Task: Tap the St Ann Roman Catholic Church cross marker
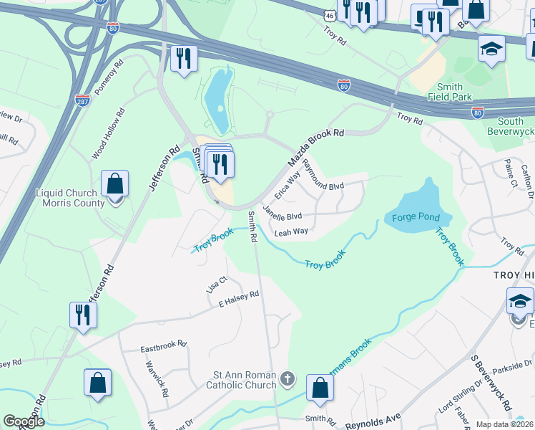coord(287,378)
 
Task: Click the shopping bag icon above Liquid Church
coord(114,185)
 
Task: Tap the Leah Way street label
coord(291,231)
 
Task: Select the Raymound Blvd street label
coord(323,175)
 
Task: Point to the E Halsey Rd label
coord(238,299)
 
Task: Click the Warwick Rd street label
coord(162,383)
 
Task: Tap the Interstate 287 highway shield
coord(83,102)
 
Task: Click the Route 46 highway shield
coord(328,14)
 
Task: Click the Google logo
coord(24,422)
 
